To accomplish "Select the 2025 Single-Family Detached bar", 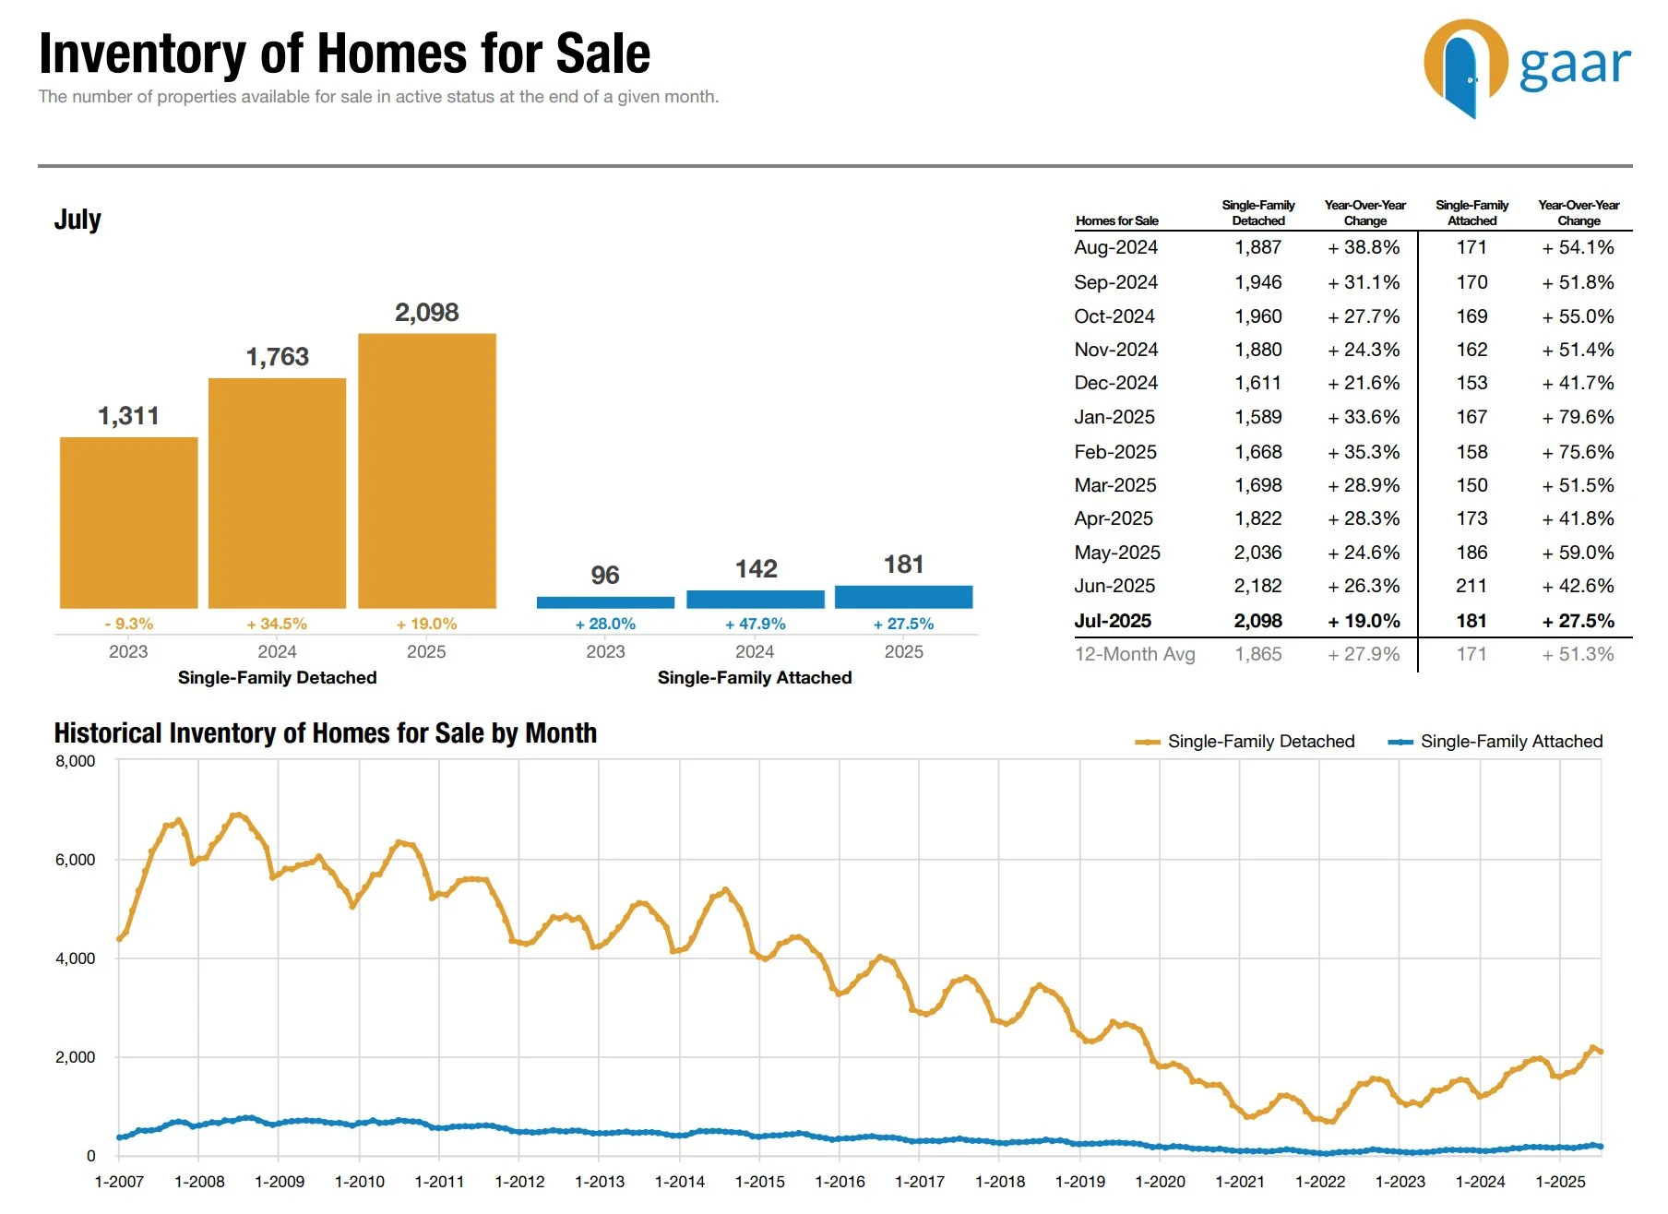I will pyautogui.click(x=427, y=470).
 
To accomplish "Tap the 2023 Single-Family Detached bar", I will pyautogui.click(x=128, y=522).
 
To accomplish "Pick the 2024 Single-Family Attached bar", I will pyautogui.click(x=755, y=599).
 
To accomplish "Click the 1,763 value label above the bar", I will pyautogui.click(x=277, y=357).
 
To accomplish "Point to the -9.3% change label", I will pyautogui.click(x=129, y=625).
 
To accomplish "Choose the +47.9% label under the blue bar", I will pyautogui.click(x=756, y=625).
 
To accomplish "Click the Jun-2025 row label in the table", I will pyautogui.click(x=1114, y=586).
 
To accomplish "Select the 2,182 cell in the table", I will pyautogui.click(x=1257, y=586).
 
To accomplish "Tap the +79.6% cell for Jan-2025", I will pyautogui.click(x=1578, y=417).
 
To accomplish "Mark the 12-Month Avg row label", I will pyautogui.click(x=1135, y=654).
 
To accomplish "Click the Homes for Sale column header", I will pyautogui.click(x=1116, y=220).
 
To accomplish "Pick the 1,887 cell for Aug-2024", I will pyautogui.click(x=1257, y=247).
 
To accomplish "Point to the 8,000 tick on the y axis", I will pyautogui.click(x=76, y=761).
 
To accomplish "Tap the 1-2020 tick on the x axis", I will pyautogui.click(x=1160, y=1182).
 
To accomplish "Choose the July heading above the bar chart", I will pyautogui.click(x=77, y=220).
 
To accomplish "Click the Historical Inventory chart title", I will pyautogui.click(x=325, y=733).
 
